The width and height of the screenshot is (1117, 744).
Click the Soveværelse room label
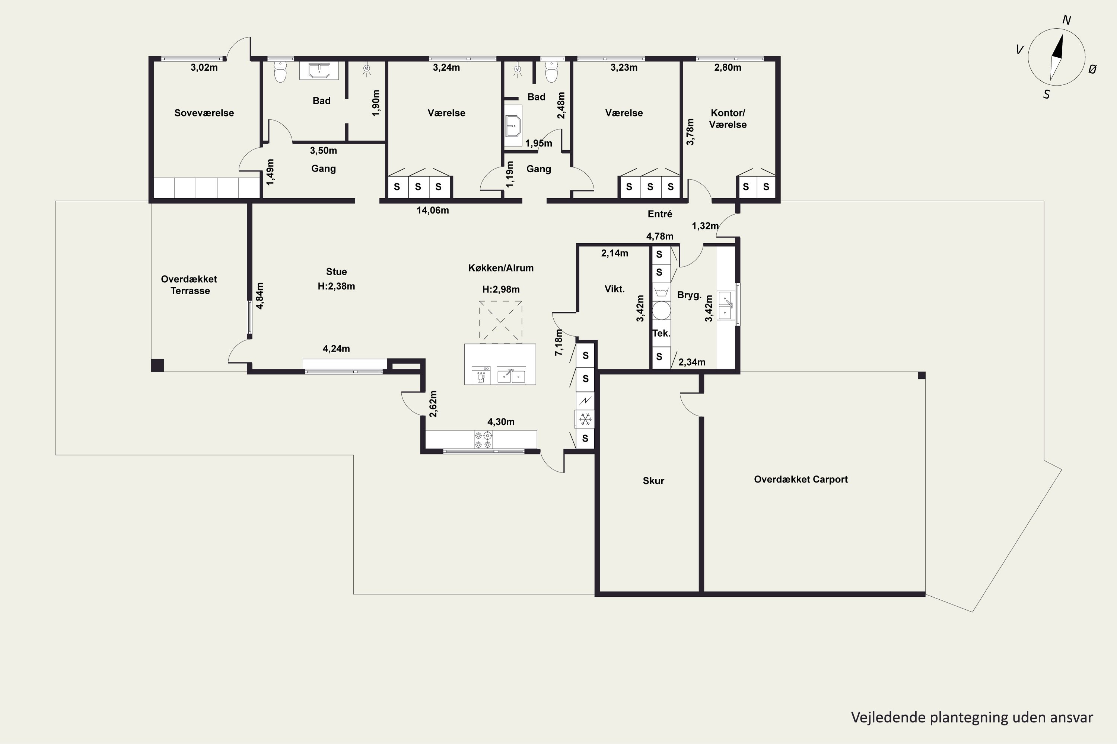click(204, 113)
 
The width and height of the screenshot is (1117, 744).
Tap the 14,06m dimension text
click(433, 210)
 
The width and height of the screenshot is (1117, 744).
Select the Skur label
click(653, 481)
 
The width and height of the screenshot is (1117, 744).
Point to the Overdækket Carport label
click(801, 479)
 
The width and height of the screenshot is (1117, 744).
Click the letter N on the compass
click(1066, 20)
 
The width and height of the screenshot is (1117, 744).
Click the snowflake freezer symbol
click(585, 420)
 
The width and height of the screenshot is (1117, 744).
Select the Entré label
click(660, 214)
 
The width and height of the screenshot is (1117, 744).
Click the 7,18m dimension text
click(559, 342)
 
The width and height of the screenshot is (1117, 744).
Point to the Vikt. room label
click(615, 289)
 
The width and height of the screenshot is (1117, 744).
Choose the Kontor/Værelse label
click(728, 119)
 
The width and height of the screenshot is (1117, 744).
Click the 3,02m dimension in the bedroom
click(204, 67)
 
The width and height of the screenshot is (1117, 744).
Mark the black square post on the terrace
click(157, 365)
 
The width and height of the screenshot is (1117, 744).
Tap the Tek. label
click(661, 333)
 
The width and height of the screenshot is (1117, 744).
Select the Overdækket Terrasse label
click(190, 285)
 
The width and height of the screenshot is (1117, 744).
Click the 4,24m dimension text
click(336, 349)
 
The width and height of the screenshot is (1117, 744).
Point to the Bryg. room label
click(689, 295)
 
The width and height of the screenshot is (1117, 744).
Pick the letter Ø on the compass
click(1092, 69)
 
